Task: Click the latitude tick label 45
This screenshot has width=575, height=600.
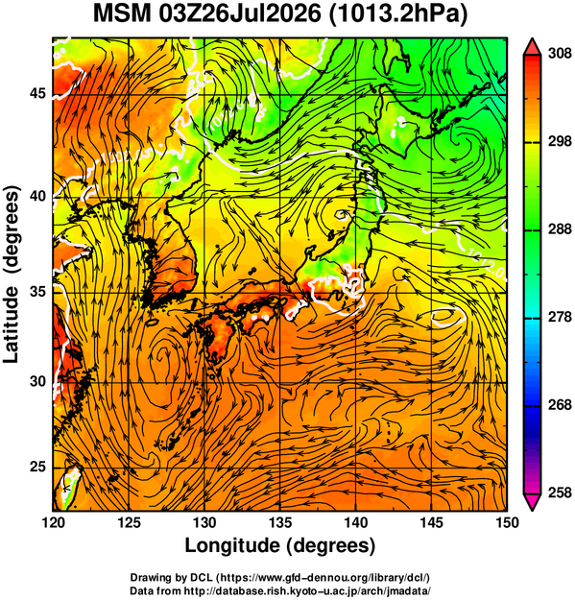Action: coord(37,94)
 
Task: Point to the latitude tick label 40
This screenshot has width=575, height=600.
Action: coord(37,196)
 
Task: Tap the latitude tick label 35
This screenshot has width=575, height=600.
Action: coord(37,292)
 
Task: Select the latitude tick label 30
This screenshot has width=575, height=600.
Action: coord(37,381)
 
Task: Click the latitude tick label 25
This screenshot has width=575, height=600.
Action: coord(37,468)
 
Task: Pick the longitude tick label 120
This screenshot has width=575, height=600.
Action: coord(53,522)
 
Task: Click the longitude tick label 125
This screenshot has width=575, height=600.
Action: coord(129,522)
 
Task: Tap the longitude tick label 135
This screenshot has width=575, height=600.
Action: coord(280,522)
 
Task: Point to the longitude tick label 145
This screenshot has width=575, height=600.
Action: coord(432,522)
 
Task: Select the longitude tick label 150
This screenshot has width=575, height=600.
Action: coord(507,522)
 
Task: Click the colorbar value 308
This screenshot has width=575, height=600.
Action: coord(560,54)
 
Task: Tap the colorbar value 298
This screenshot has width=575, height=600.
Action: coord(560,141)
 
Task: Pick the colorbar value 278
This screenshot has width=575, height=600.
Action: coord(560,317)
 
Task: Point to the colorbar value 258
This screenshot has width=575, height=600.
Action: coord(560,492)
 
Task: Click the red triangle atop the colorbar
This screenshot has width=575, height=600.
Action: coord(533,47)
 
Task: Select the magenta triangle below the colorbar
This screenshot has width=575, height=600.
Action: coord(533,502)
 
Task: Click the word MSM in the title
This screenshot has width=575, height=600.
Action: coord(123,14)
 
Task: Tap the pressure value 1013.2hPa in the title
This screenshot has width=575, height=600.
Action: coord(398,15)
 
